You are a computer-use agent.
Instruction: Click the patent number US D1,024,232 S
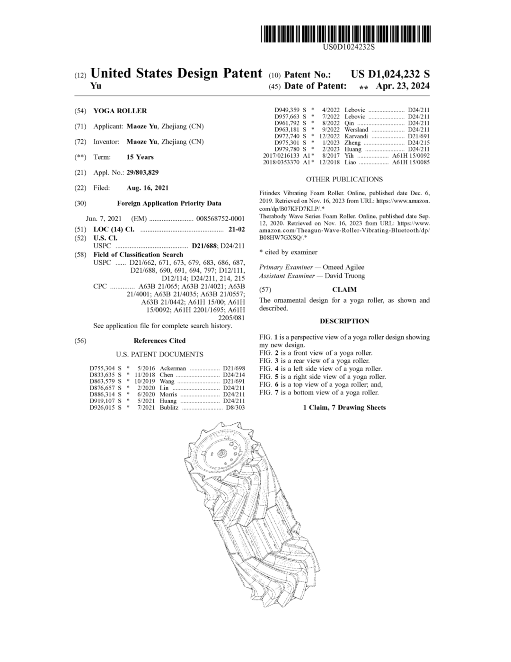click(x=390, y=74)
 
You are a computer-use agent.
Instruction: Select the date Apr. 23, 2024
click(x=403, y=86)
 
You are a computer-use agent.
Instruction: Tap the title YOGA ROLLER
click(x=120, y=111)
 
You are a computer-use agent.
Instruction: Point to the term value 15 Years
click(x=140, y=157)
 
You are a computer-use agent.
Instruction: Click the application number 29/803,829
click(x=139, y=173)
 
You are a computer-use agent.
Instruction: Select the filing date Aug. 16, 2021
click(x=147, y=188)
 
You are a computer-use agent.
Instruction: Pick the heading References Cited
click(x=159, y=340)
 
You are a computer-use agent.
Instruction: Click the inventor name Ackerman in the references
click(x=173, y=368)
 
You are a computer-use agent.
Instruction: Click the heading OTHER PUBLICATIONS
click(x=344, y=179)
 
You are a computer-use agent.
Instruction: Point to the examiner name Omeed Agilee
click(x=344, y=267)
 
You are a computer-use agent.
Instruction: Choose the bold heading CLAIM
click(x=344, y=289)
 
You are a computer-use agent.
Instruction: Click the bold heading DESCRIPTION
click(x=344, y=321)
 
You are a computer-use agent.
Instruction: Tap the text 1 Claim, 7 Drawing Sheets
click(x=344, y=407)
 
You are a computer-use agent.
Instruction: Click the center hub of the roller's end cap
click(x=220, y=453)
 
